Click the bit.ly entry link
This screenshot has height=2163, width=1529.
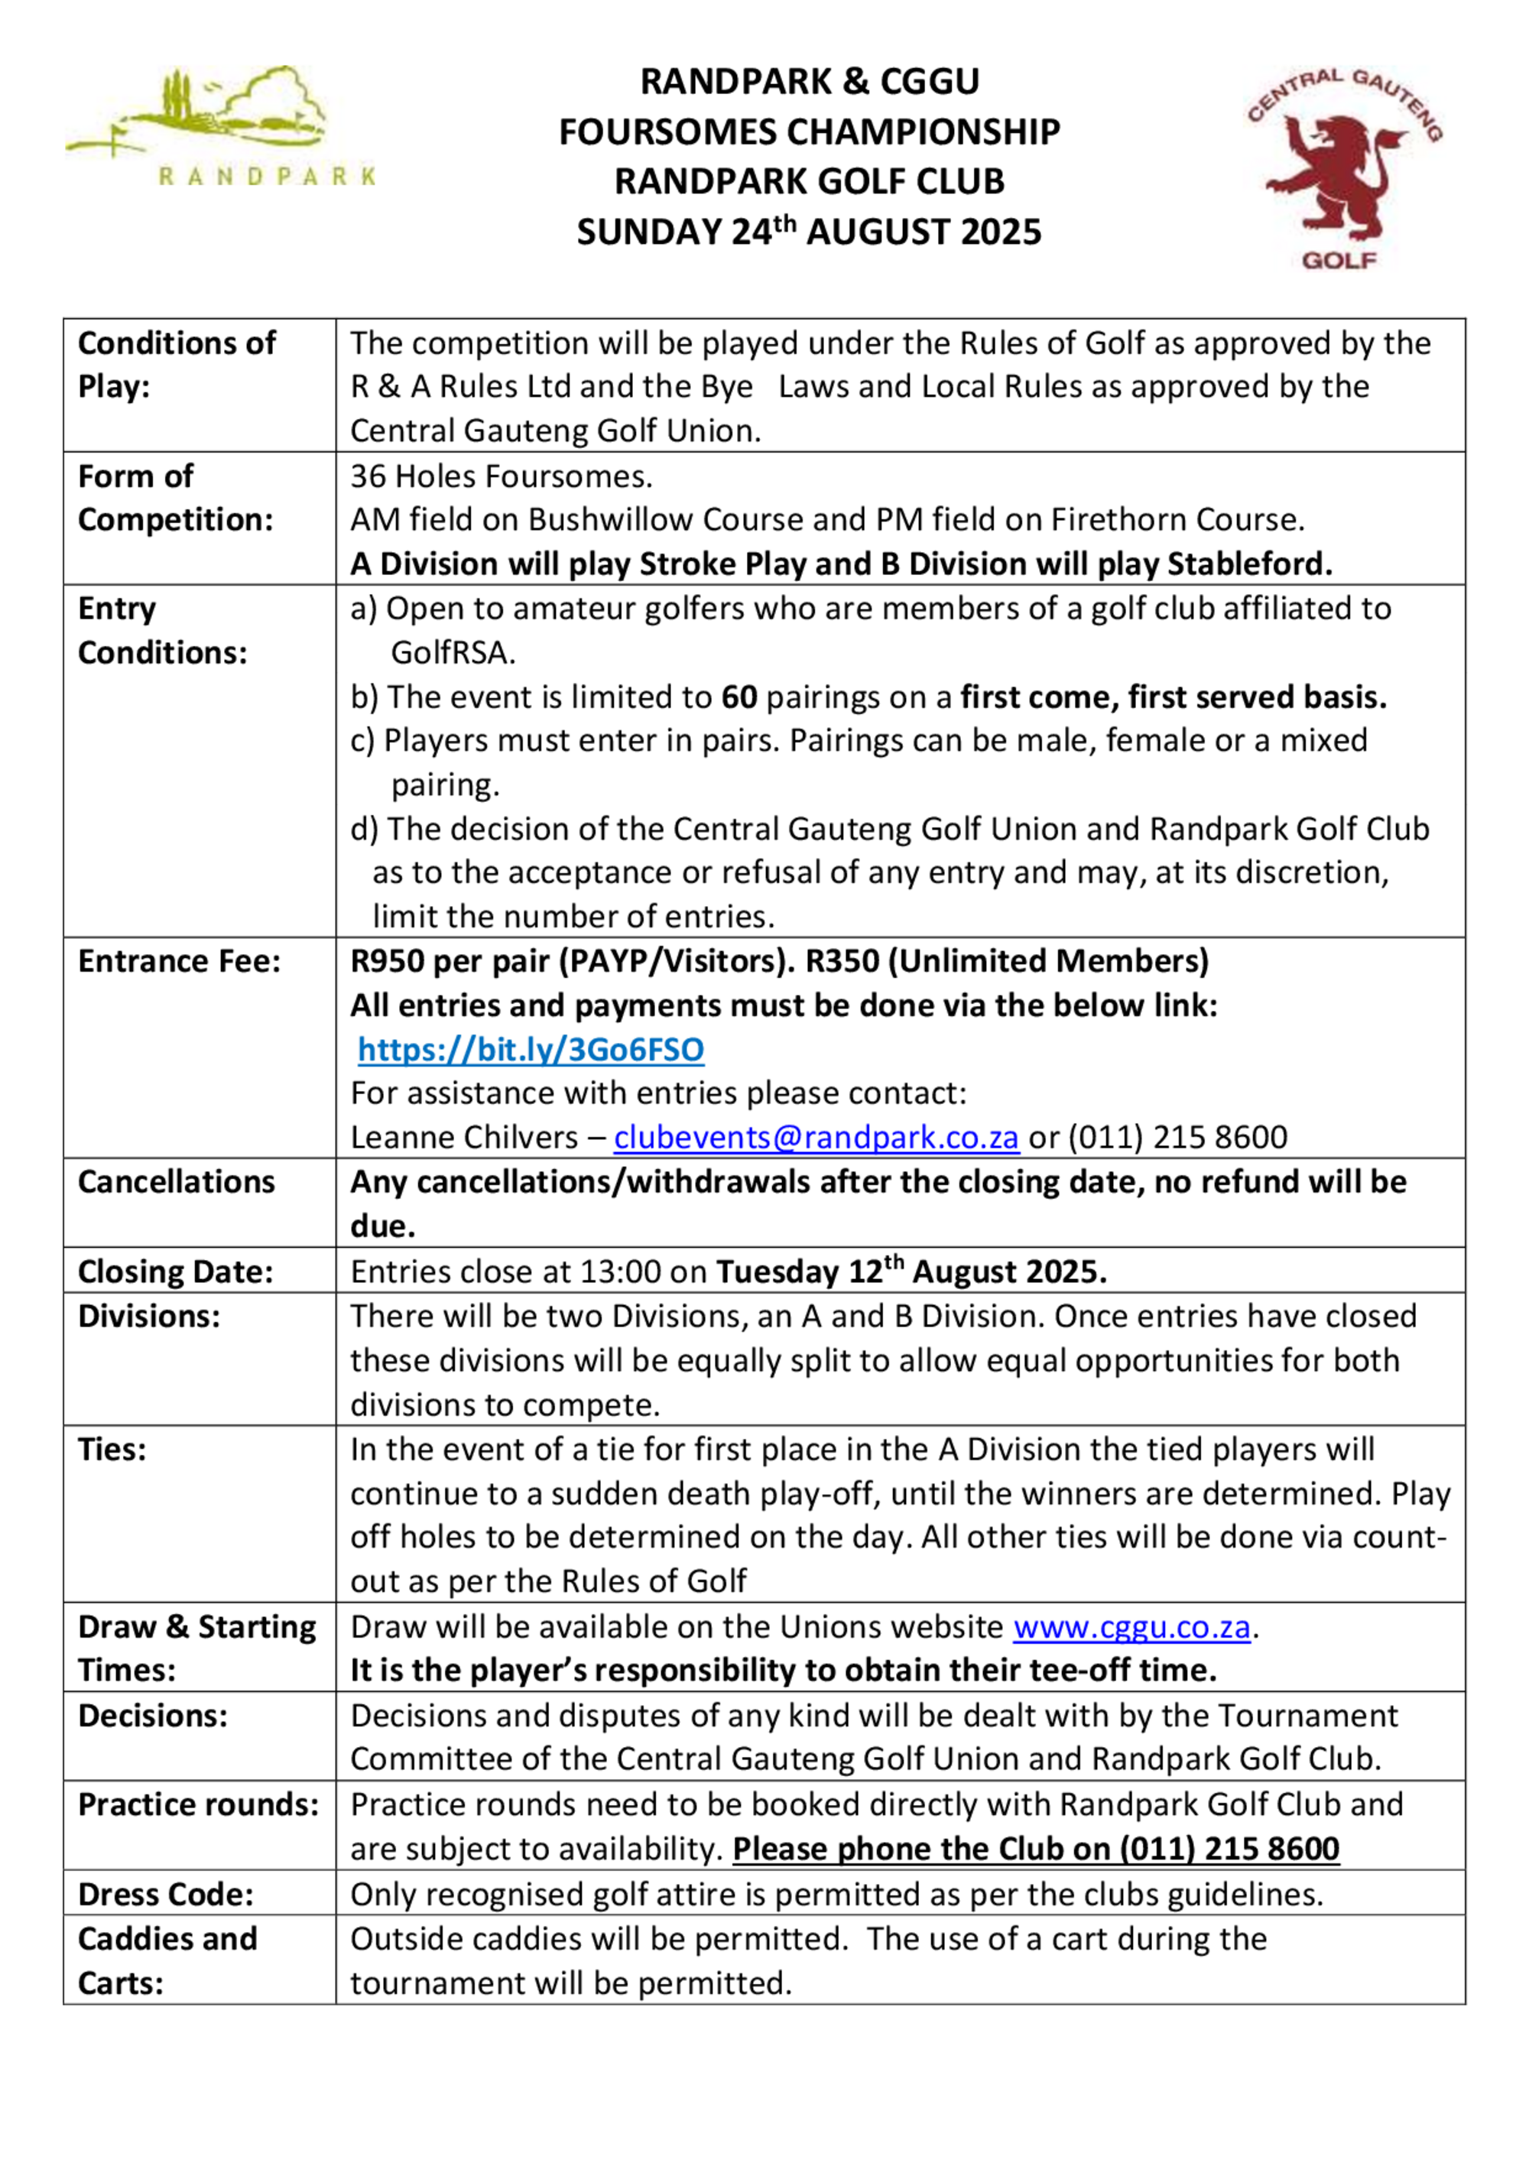[531, 1050]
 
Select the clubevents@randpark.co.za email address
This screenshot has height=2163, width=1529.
[816, 1137]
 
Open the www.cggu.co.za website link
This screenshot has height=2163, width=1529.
[1131, 1627]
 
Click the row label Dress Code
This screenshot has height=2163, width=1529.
[166, 1894]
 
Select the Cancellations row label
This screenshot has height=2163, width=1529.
[176, 1181]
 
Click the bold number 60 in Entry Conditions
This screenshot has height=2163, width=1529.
[739, 697]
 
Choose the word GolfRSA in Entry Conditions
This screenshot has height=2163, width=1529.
[451, 653]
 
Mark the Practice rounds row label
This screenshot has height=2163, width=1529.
[199, 1804]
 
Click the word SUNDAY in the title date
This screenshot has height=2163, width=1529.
[649, 232]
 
